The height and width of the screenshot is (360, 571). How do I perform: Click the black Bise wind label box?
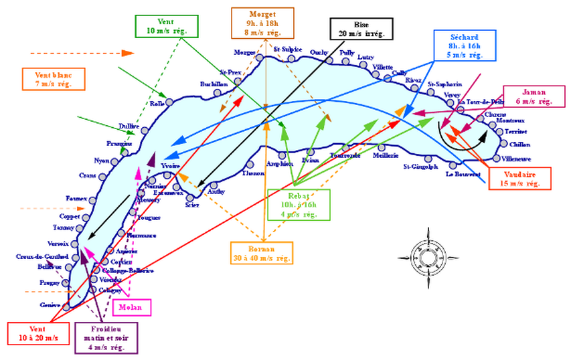(x=361, y=29)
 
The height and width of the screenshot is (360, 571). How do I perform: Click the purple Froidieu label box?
(x=106, y=338)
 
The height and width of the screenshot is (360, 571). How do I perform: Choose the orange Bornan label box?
(x=262, y=252)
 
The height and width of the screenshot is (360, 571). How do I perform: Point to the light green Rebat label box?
(x=299, y=204)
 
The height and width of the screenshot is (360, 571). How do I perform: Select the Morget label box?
(x=262, y=23)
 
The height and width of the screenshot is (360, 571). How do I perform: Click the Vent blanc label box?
(x=52, y=79)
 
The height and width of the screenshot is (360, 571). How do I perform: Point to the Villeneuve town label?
(x=517, y=159)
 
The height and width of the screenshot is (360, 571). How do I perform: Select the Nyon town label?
(x=102, y=161)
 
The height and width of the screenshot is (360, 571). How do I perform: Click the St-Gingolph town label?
(x=420, y=166)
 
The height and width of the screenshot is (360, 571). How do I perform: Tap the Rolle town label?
(x=157, y=104)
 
